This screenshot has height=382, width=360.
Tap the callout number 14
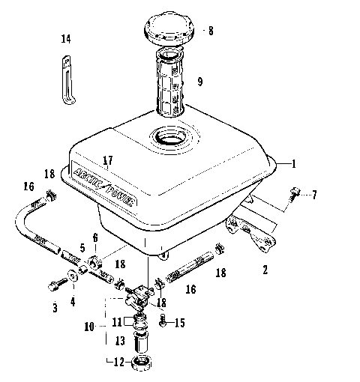click(x=66, y=39)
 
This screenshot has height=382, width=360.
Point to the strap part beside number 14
click(x=67, y=74)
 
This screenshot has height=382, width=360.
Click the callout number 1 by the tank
click(x=295, y=163)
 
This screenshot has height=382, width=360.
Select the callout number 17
click(x=108, y=160)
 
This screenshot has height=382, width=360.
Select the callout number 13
click(x=118, y=341)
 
